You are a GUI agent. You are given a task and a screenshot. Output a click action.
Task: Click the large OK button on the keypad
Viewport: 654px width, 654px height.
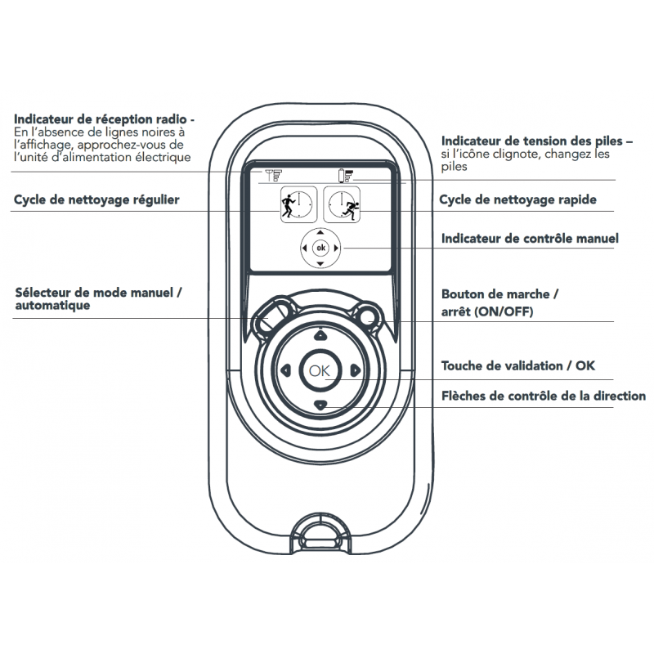[x=320, y=370]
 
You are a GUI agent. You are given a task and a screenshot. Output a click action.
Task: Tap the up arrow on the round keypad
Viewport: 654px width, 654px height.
[x=320, y=334]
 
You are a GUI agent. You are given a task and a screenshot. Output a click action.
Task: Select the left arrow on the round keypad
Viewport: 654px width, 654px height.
[x=285, y=370]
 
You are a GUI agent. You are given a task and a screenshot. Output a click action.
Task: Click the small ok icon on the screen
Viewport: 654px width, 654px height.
[x=320, y=247]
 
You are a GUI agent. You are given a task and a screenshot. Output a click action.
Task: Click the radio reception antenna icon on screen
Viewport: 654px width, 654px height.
[x=274, y=174]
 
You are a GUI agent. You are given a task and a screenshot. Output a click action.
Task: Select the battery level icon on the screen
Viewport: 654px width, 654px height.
[x=347, y=174]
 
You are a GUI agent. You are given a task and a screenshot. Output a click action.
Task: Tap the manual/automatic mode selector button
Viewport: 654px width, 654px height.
[x=272, y=314]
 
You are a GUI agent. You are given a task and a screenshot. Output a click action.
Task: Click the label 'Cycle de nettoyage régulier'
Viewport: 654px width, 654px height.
[x=96, y=199]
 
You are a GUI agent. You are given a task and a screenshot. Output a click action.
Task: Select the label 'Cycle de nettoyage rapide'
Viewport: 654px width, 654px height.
[x=517, y=199]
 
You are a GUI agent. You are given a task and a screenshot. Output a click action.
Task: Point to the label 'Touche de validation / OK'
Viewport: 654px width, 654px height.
[x=518, y=365]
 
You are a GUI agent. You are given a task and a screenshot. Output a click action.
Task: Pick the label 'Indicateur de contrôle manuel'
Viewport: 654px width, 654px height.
[x=530, y=239]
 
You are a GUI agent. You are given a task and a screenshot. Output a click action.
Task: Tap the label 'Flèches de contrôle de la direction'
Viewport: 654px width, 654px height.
[x=544, y=396]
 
